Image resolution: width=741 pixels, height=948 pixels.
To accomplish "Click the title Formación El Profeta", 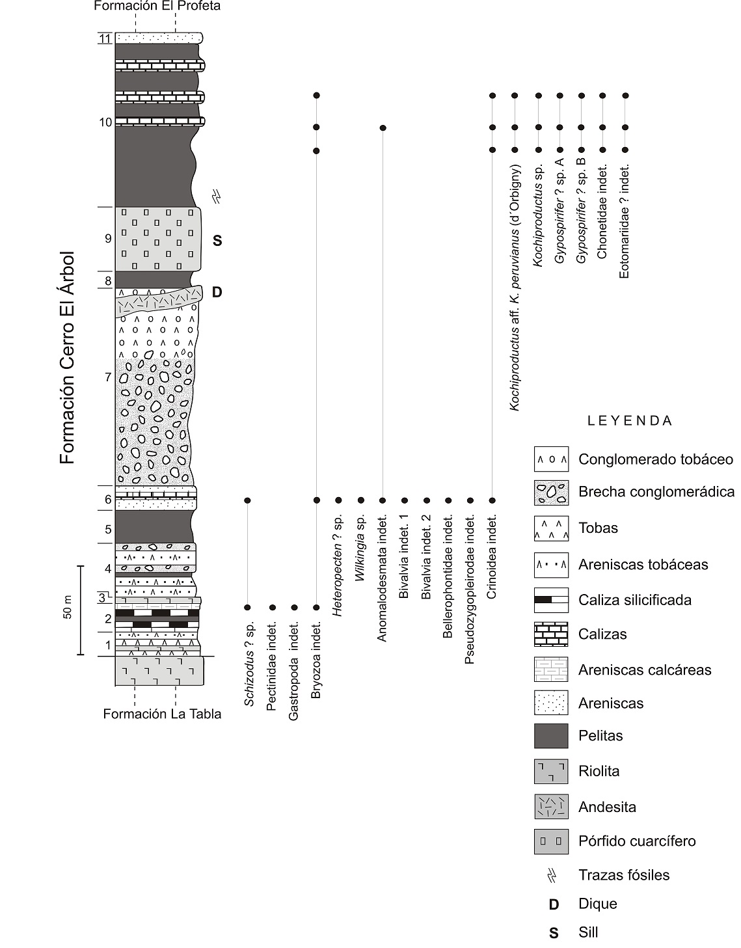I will click(157, 7).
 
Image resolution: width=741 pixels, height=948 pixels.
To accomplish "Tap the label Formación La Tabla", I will click(162, 714).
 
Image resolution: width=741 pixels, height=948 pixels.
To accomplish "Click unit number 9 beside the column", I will click(108, 239).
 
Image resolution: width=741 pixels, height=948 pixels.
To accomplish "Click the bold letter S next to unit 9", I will click(217, 241).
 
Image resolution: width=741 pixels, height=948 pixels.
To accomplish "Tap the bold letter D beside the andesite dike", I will click(217, 292).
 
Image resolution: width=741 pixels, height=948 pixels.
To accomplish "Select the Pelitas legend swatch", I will click(550, 736).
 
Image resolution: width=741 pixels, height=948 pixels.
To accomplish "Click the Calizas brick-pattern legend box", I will click(550, 634).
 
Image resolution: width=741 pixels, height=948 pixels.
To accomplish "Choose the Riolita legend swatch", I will click(550, 772).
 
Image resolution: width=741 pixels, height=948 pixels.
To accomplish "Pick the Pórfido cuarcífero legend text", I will click(637, 841).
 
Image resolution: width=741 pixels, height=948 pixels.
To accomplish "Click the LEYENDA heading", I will click(629, 420).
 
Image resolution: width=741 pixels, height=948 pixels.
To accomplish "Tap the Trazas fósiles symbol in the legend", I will click(552, 875).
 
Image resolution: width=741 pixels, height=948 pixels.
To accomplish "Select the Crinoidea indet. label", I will click(492, 557).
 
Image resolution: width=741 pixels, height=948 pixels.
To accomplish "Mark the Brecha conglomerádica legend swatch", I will click(550, 492).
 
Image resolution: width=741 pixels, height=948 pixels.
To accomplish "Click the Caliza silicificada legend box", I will click(550, 600).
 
